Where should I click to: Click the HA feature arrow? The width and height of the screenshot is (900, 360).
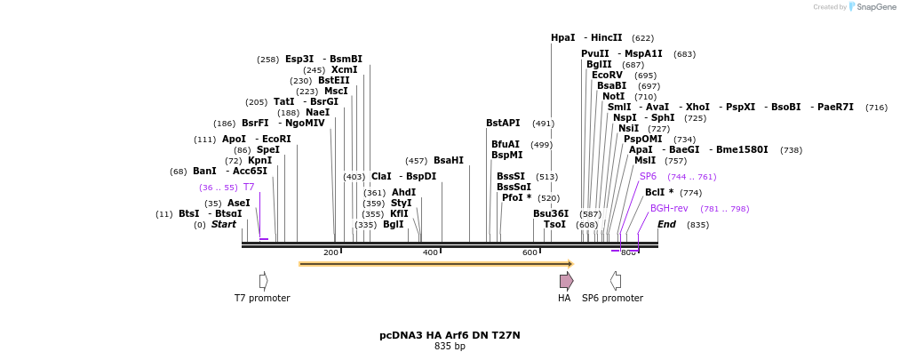pos(566,281)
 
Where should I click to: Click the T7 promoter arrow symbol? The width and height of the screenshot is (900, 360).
pos(263,281)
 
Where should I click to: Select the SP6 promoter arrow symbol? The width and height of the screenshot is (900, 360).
pos(615,281)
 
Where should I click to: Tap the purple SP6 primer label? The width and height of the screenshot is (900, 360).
pos(648,176)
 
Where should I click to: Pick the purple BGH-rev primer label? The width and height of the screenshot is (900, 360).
pos(669,208)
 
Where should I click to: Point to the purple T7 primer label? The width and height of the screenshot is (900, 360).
pos(249,187)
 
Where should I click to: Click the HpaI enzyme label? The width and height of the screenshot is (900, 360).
pos(562,37)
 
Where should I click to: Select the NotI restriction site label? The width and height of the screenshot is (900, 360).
pos(613,96)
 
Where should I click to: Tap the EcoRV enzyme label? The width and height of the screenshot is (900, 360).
pos(607,75)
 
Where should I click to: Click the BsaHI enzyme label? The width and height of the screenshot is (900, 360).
pos(448,160)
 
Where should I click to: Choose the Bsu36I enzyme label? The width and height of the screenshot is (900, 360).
pos(550,213)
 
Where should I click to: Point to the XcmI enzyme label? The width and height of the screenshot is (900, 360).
pos(344,69)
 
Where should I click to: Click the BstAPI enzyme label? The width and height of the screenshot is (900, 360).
pos(503,123)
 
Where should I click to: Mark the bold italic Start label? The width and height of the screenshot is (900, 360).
pos(223,224)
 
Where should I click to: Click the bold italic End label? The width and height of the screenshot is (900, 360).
pos(666,224)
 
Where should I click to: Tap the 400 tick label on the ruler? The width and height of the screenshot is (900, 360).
pos(430,253)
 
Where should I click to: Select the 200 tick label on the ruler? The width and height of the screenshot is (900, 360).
pos(331,253)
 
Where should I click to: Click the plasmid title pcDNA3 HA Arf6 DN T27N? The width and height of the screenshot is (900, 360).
pos(450,335)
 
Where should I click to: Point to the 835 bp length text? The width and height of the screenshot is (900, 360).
pos(450,347)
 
